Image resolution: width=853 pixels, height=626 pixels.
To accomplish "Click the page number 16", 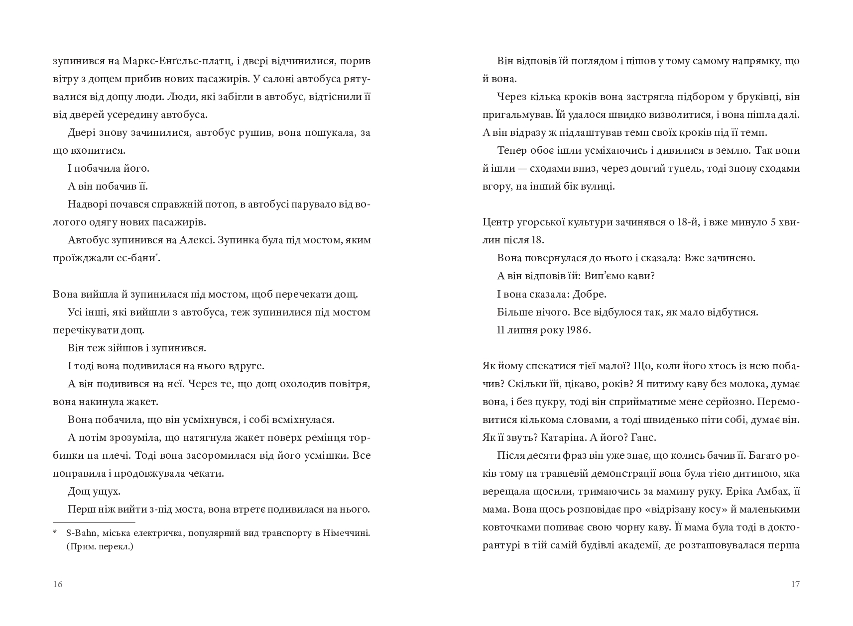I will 58,584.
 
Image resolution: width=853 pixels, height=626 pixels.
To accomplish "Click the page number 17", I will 795,584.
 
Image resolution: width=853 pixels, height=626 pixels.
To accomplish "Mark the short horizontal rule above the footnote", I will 94,522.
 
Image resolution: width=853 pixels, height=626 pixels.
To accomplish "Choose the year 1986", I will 578,330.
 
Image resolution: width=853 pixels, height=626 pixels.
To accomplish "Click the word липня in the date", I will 524,330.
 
